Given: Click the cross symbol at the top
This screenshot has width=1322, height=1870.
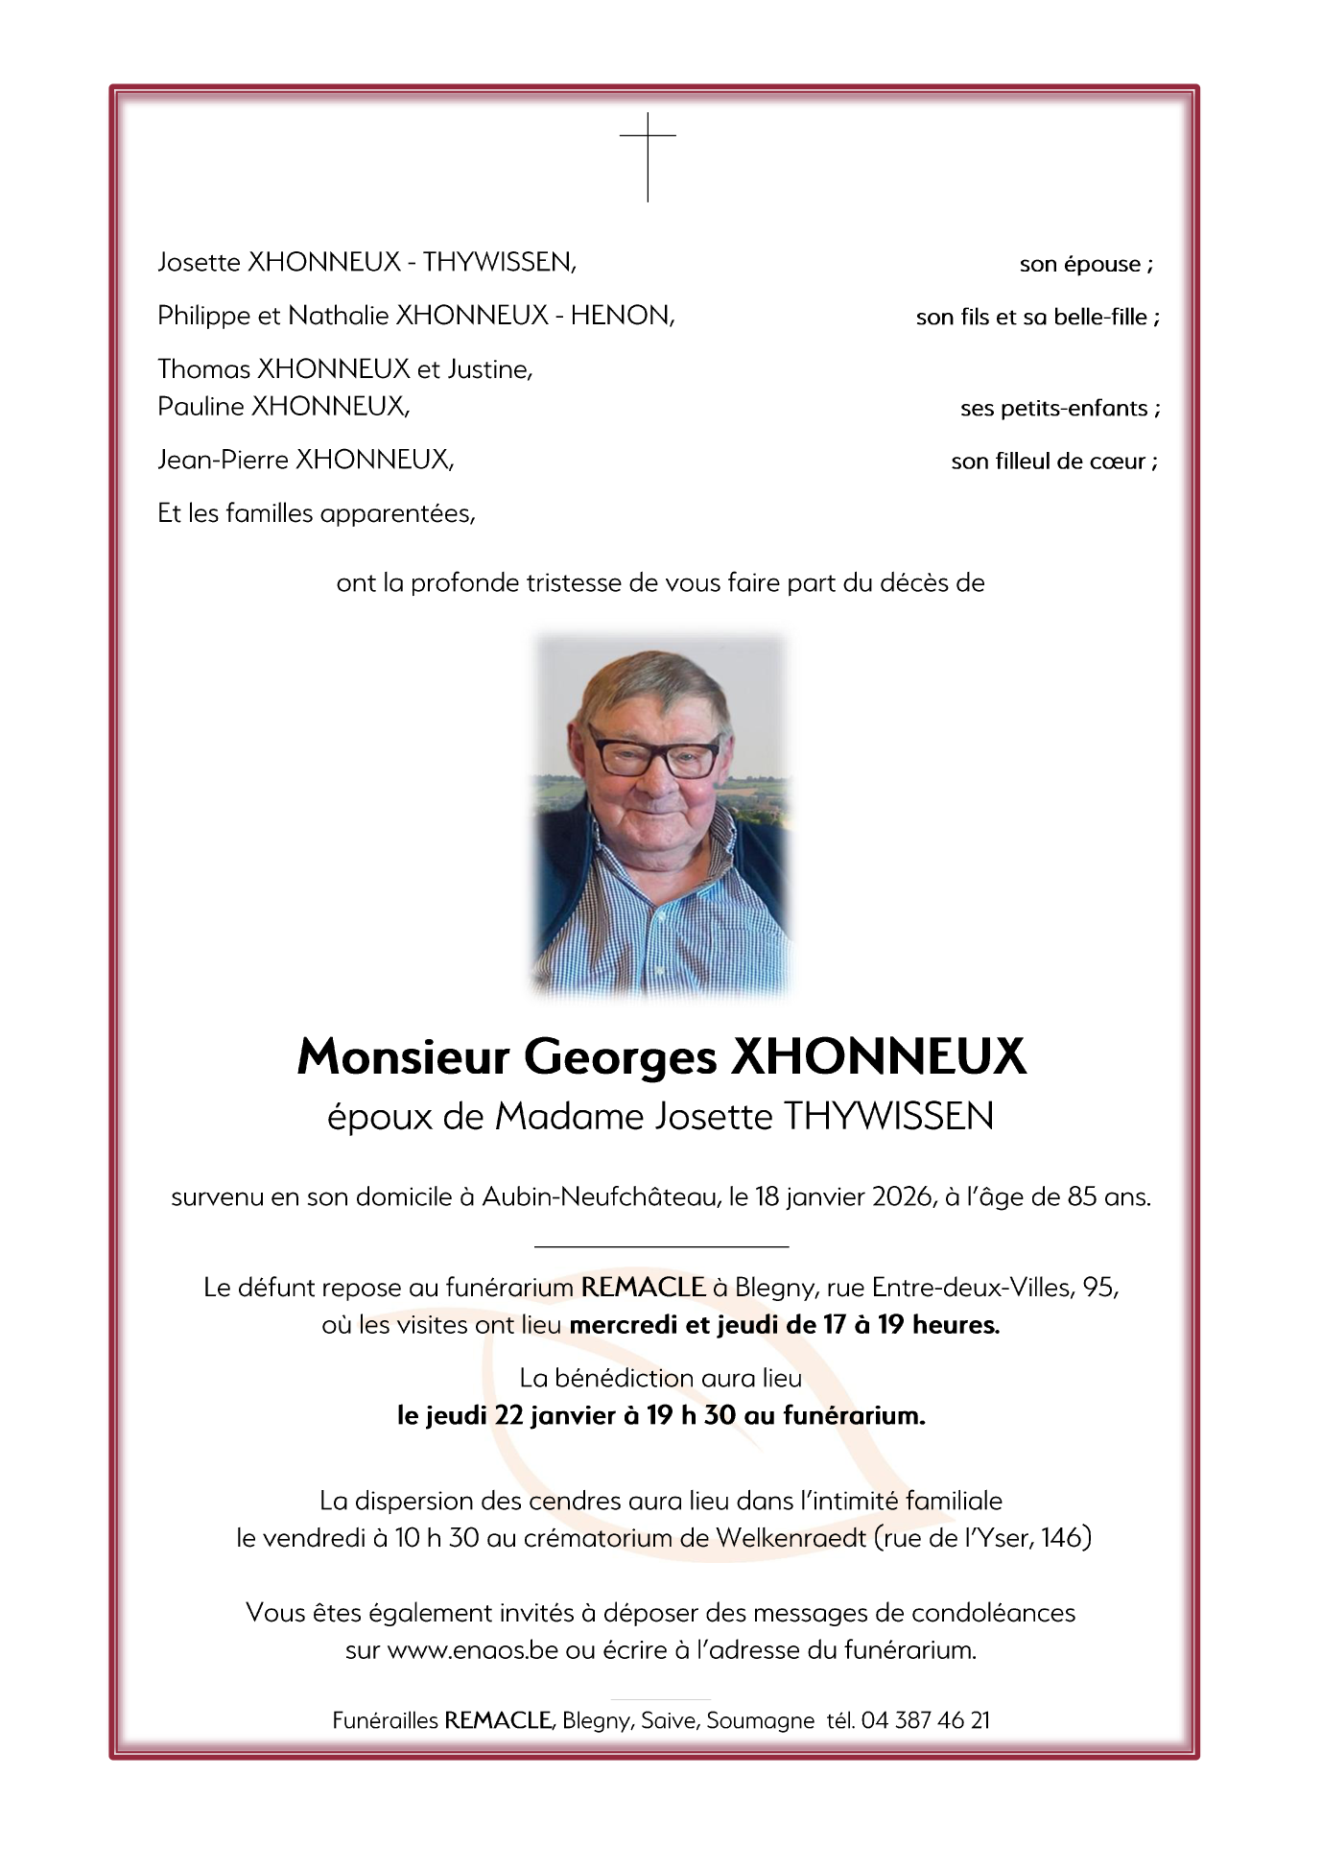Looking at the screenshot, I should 648,155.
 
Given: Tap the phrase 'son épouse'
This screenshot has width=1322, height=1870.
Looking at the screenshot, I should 1080,265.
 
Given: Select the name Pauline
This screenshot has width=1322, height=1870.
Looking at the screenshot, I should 201,407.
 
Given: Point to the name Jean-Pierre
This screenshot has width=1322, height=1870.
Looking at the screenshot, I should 223,461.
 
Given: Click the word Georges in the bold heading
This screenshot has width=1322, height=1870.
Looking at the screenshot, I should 620,1057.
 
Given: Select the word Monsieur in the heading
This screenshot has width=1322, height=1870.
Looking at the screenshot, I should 403,1057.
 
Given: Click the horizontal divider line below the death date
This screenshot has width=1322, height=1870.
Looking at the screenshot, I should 661,1246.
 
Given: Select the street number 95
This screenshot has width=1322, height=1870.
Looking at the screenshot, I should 1098,1288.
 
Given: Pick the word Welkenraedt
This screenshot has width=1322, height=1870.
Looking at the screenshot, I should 791,1538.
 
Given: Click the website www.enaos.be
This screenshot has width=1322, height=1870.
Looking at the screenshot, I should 472,1650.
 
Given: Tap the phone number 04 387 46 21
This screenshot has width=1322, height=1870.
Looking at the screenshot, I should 925,1720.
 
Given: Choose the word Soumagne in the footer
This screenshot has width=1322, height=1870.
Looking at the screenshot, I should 760,1721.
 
